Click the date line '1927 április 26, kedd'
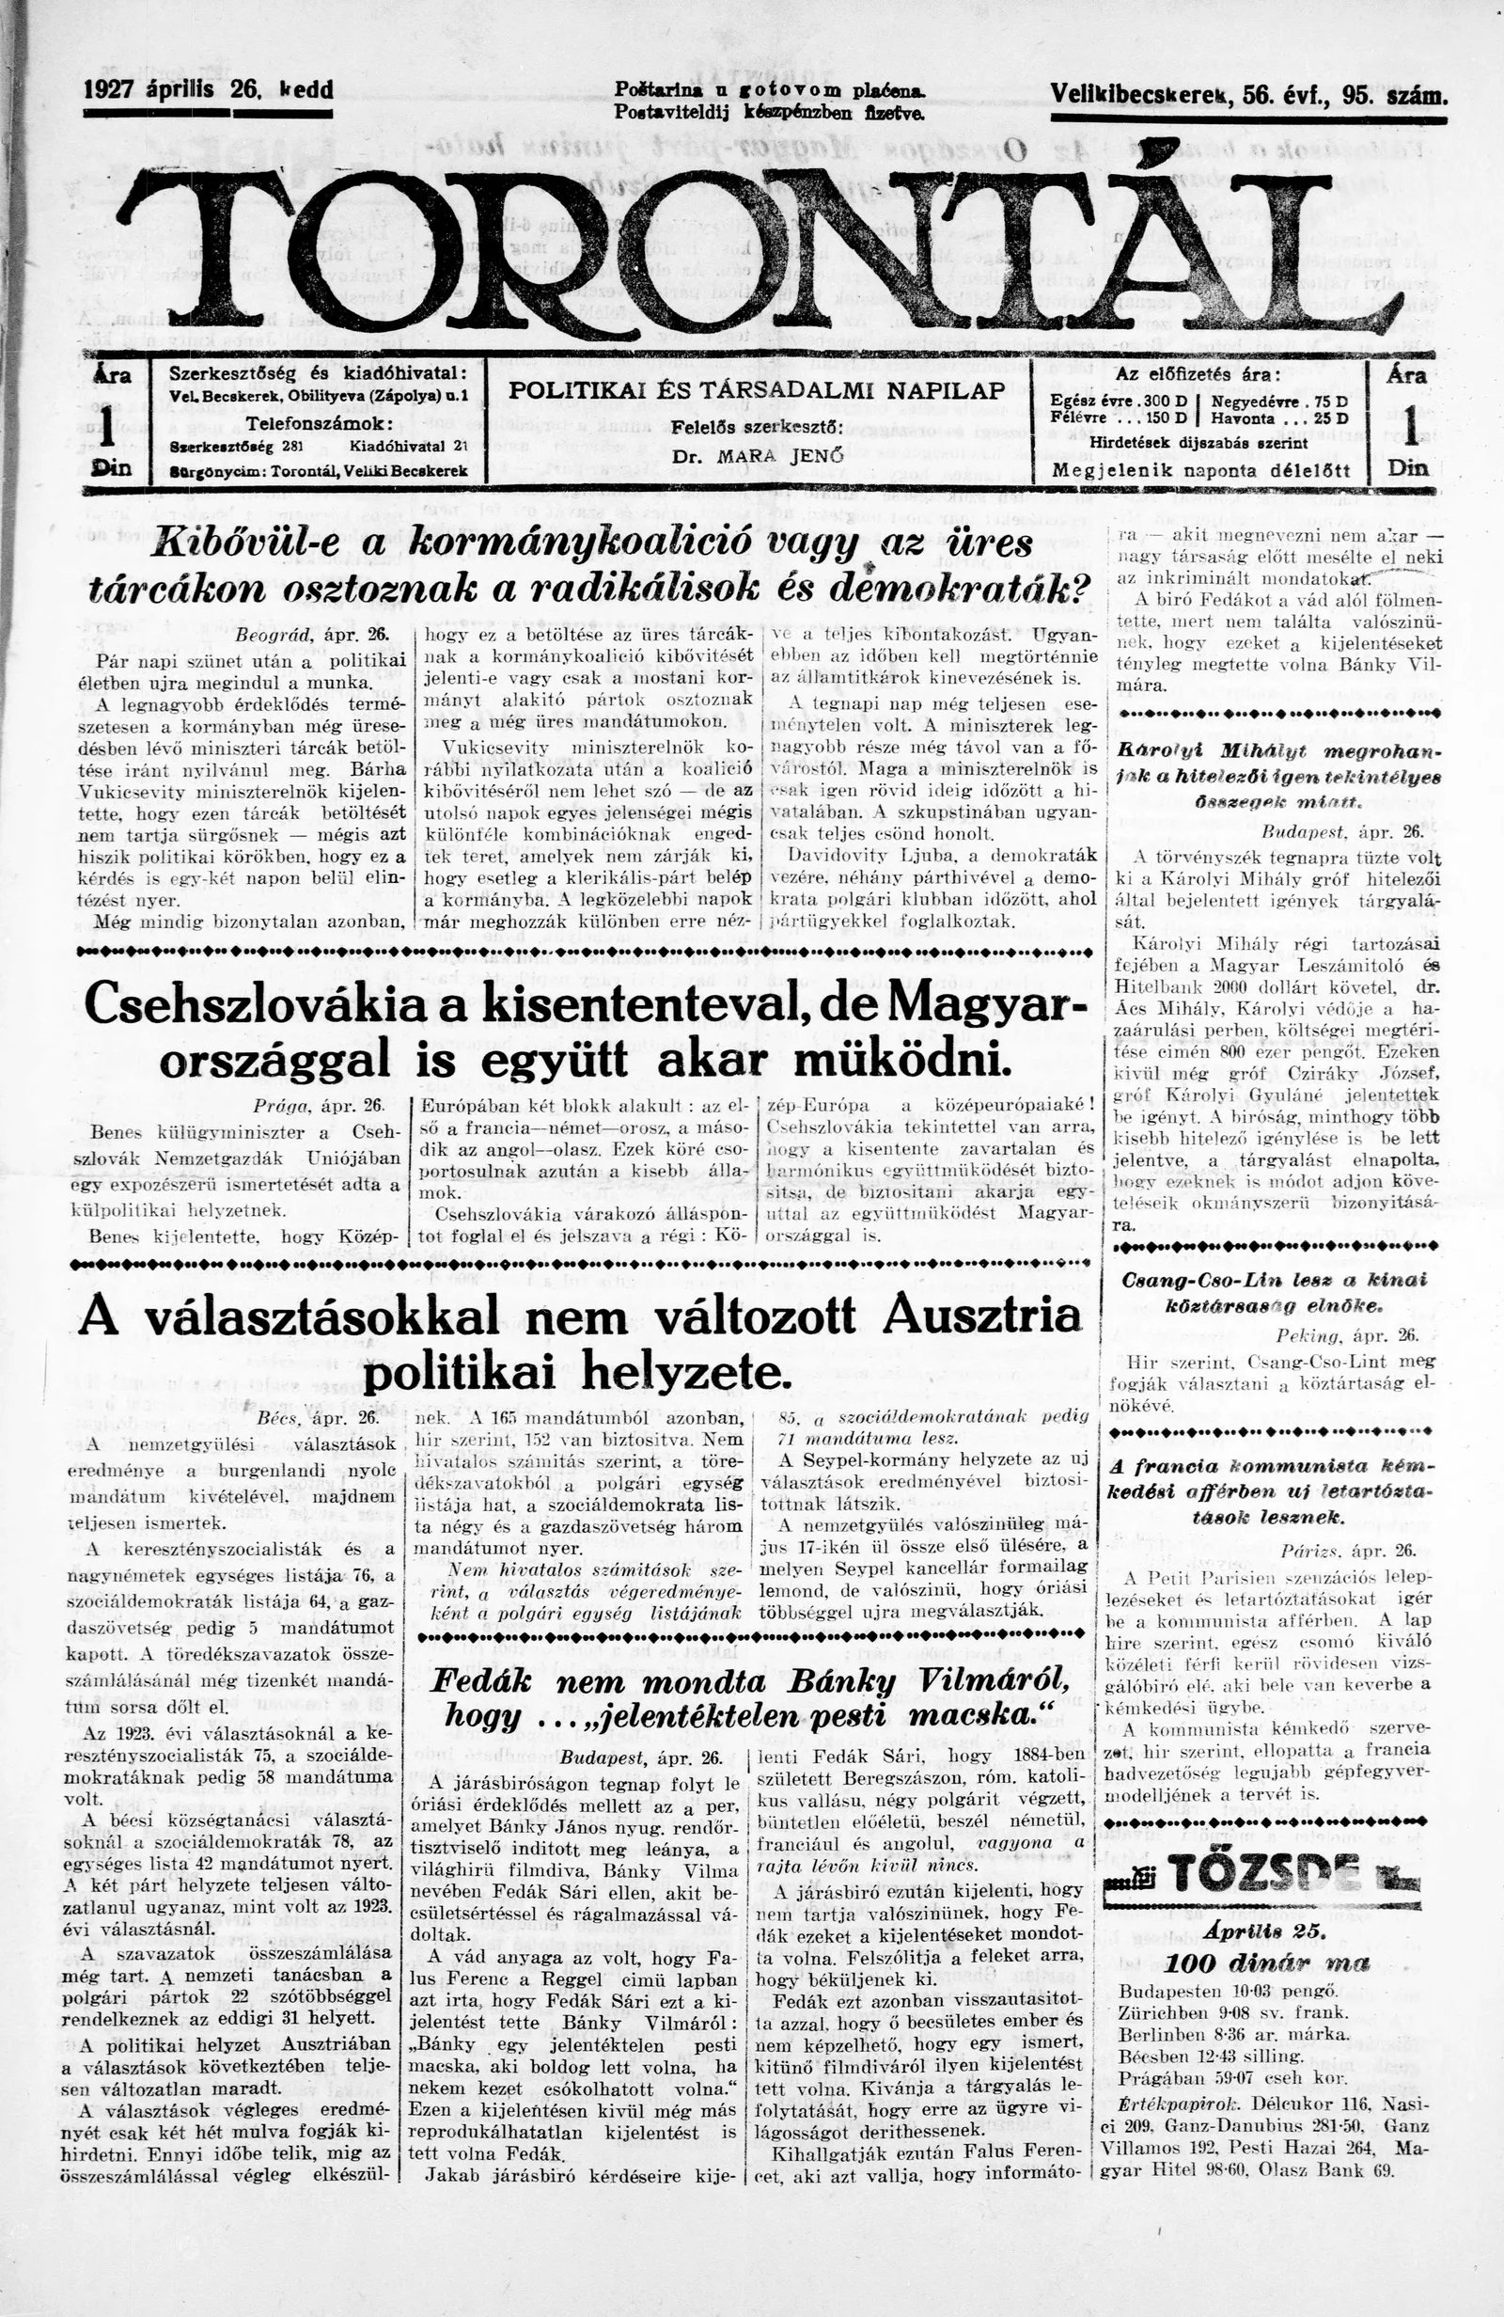[209, 90]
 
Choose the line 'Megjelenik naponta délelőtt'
[1200, 469]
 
